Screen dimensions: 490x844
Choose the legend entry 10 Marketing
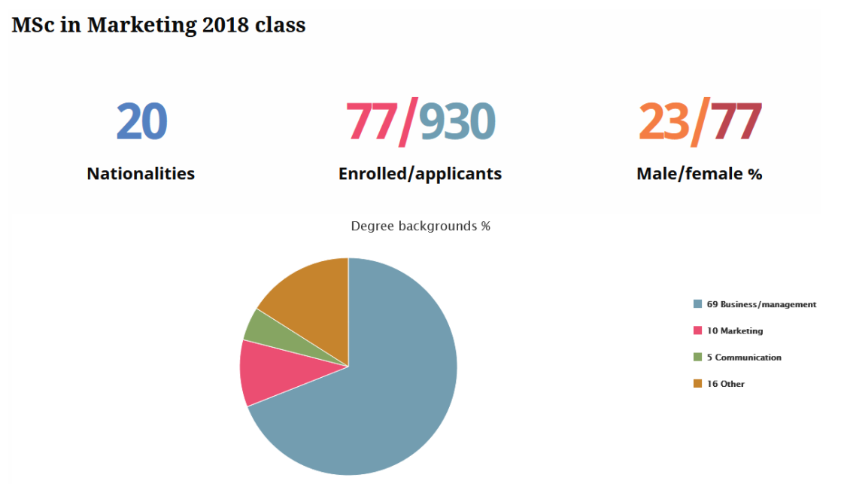(734, 331)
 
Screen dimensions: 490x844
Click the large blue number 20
(141, 122)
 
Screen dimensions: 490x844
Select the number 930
(457, 122)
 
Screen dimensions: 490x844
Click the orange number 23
(664, 122)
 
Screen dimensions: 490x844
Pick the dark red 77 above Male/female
(736, 122)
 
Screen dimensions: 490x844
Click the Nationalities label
(141, 174)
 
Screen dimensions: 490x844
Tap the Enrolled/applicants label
(420, 174)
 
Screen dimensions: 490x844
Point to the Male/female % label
(699, 174)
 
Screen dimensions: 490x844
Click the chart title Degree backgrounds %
(420, 226)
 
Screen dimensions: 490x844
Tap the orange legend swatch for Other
(697, 384)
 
